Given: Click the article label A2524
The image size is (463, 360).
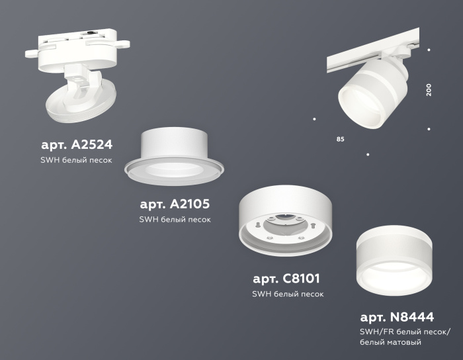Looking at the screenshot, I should [77, 144].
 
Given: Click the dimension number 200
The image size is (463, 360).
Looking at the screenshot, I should [429, 90].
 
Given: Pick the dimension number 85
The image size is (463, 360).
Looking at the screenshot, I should [340, 140].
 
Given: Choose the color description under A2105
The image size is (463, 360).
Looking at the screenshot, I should [175, 220].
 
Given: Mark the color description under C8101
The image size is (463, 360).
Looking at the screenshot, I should [287, 294].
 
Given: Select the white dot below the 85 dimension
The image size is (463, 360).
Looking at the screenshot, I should [368, 155].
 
